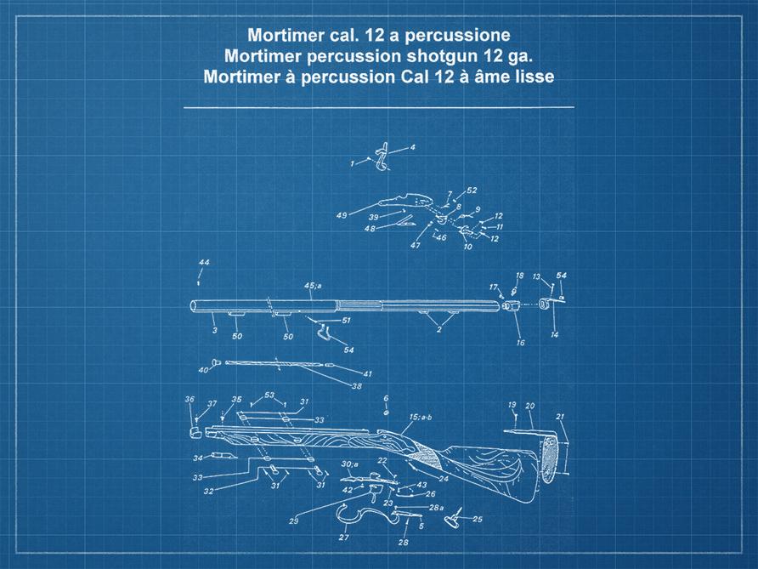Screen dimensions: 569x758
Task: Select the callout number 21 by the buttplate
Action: [x=560, y=417]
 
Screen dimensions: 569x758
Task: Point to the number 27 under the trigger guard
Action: [x=344, y=538]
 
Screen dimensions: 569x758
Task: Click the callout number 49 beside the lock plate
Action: [x=342, y=216]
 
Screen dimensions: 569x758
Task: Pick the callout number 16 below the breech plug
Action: [x=520, y=343]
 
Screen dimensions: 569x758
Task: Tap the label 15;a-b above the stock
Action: [x=420, y=417]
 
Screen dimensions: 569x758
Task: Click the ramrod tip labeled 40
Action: [x=216, y=363]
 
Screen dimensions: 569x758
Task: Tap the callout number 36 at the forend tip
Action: [x=189, y=399]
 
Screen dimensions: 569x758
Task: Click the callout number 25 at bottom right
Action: [x=477, y=519]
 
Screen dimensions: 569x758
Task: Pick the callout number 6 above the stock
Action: [x=385, y=397]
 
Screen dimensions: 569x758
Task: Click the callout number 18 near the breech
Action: [x=520, y=276]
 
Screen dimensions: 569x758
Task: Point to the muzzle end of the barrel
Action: [x=194, y=306]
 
